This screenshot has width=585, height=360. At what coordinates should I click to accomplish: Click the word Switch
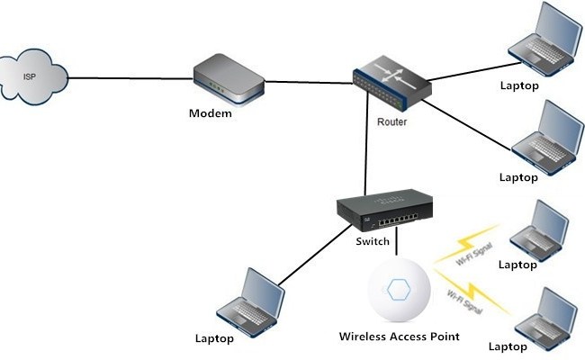tap(373, 242)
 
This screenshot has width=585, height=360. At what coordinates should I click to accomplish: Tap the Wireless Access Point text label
tap(399, 337)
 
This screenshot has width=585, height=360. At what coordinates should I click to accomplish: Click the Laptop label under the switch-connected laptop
tap(214, 338)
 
